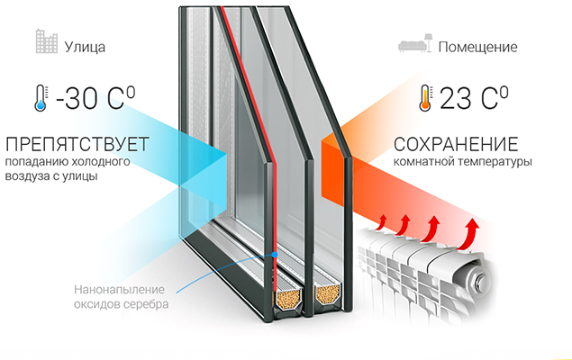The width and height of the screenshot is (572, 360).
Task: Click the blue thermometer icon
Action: [x=39, y=98]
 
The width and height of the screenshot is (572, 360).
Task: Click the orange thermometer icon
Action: [x=424, y=97]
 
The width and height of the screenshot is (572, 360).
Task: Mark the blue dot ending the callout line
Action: [x=273, y=256]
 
